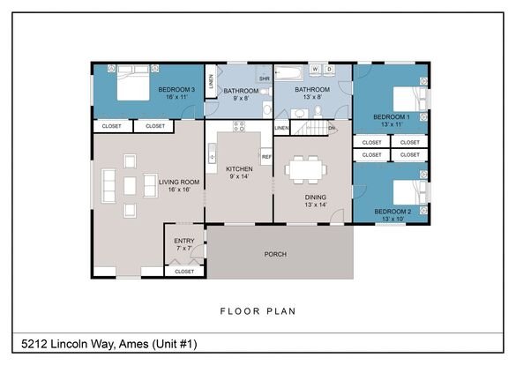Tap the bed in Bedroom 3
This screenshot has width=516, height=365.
click(x=133, y=83)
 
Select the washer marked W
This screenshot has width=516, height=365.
click(x=315, y=69)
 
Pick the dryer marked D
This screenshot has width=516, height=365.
click(x=329, y=69)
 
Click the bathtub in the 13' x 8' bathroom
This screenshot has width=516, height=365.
click(x=289, y=73)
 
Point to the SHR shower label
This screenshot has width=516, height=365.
click(x=265, y=78)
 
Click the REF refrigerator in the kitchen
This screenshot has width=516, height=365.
click(x=266, y=157)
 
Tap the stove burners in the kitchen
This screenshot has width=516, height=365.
click(x=239, y=126)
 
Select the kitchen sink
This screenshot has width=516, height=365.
click(x=213, y=153)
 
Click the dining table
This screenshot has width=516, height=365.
click(x=306, y=169)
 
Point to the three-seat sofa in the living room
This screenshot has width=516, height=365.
click(x=108, y=186)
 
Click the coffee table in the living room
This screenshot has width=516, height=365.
click(x=130, y=186)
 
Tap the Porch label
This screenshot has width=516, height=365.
click(x=275, y=254)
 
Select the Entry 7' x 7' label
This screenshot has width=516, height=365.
click(x=184, y=244)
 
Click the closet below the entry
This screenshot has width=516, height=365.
click(x=184, y=272)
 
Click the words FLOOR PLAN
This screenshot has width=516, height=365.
click(x=258, y=311)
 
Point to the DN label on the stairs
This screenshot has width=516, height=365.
click(x=332, y=128)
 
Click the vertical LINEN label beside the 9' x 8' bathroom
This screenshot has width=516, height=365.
click(x=211, y=81)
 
